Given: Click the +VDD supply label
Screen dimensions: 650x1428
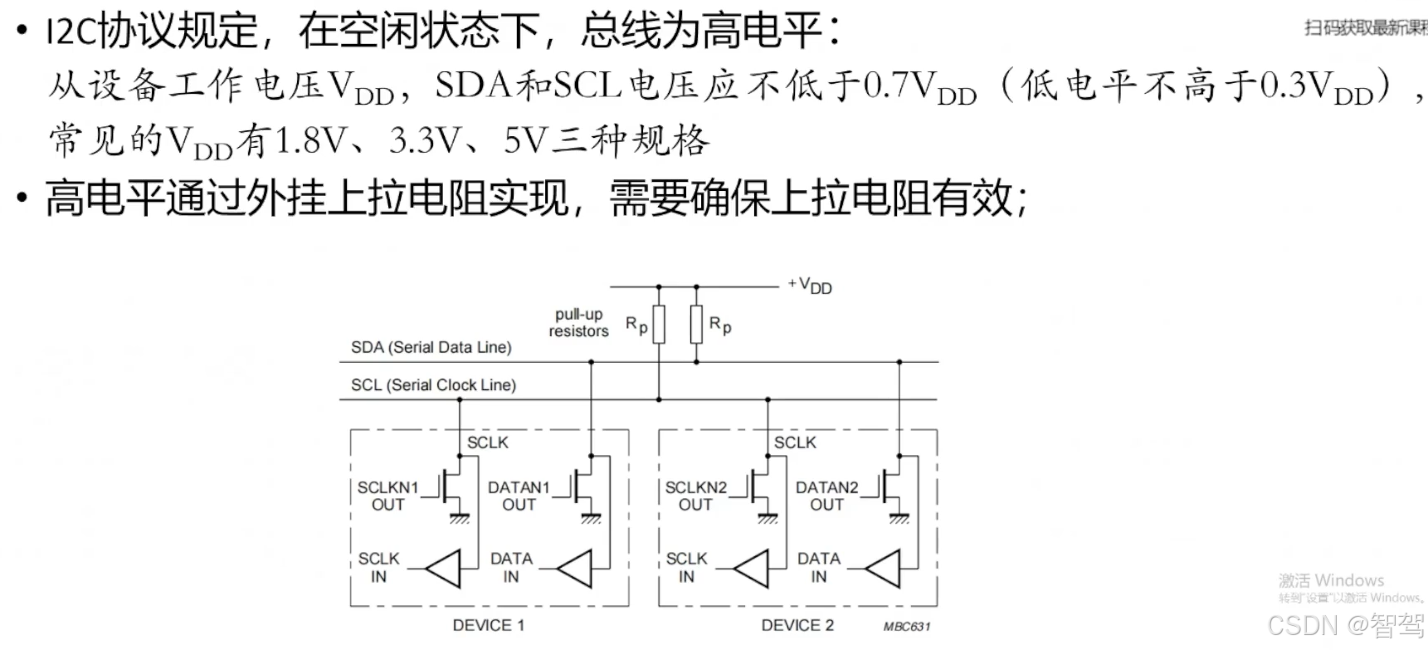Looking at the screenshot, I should [x=811, y=286].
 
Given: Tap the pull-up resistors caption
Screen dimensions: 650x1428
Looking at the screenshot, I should [x=578, y=323].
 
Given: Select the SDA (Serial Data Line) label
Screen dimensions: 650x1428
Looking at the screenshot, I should [x=431, y=347].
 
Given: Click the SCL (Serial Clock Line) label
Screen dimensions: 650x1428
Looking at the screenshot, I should [x=433, y=384].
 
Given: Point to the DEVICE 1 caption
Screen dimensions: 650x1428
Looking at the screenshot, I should [x=488, y=625].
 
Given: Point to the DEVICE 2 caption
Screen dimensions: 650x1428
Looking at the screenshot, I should [x=797, y=625].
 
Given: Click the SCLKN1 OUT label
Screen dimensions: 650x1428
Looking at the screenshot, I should [x=387, y=496].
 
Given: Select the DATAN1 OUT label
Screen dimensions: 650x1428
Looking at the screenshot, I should [x=519, y=496].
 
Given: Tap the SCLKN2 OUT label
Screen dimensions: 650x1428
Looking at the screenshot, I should [x=695, y=496].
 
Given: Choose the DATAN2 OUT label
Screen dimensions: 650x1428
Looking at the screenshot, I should [x=826, y=496].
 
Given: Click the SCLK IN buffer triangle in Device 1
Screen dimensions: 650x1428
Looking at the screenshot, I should [x=445, y=569].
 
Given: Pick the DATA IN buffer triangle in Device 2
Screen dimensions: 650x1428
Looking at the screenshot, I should [x=885, y=569].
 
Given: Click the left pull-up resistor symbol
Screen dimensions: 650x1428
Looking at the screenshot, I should [x=659, y=325].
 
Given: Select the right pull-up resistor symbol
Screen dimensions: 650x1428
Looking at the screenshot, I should [x=696, y=325].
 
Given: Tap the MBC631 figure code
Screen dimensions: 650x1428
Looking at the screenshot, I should [x=907, y=627].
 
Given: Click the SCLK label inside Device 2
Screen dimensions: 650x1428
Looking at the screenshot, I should [x=795, y=442].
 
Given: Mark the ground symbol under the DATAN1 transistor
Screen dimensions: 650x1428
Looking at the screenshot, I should [x=591, y=519].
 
